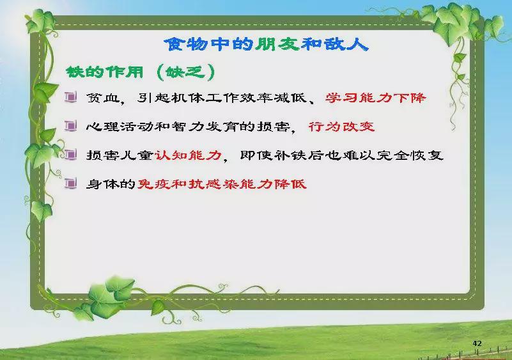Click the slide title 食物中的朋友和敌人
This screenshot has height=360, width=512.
point(266,44)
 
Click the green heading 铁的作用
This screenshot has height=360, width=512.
point(104,72)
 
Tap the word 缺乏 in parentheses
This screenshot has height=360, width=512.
point(185,72)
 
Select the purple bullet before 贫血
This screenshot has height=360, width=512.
point(70,97)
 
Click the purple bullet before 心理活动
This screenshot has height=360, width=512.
point(70,126)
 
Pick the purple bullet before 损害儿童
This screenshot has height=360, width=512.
point(70,155)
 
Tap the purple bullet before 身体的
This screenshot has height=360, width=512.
point(70,184)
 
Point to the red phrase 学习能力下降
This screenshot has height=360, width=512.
point(375,98)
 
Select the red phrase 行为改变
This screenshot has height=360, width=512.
point(341,126)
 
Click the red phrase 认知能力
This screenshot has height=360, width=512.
point(188,155)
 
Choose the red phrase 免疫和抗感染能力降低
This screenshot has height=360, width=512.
point(222,184)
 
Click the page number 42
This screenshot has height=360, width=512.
point(477,343)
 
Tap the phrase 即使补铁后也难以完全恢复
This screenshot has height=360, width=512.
point(341,155)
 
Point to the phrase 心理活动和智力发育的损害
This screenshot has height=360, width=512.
point(188,127)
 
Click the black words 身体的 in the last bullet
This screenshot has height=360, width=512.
point(111,184)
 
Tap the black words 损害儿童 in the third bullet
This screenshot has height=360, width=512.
point(120,155)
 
